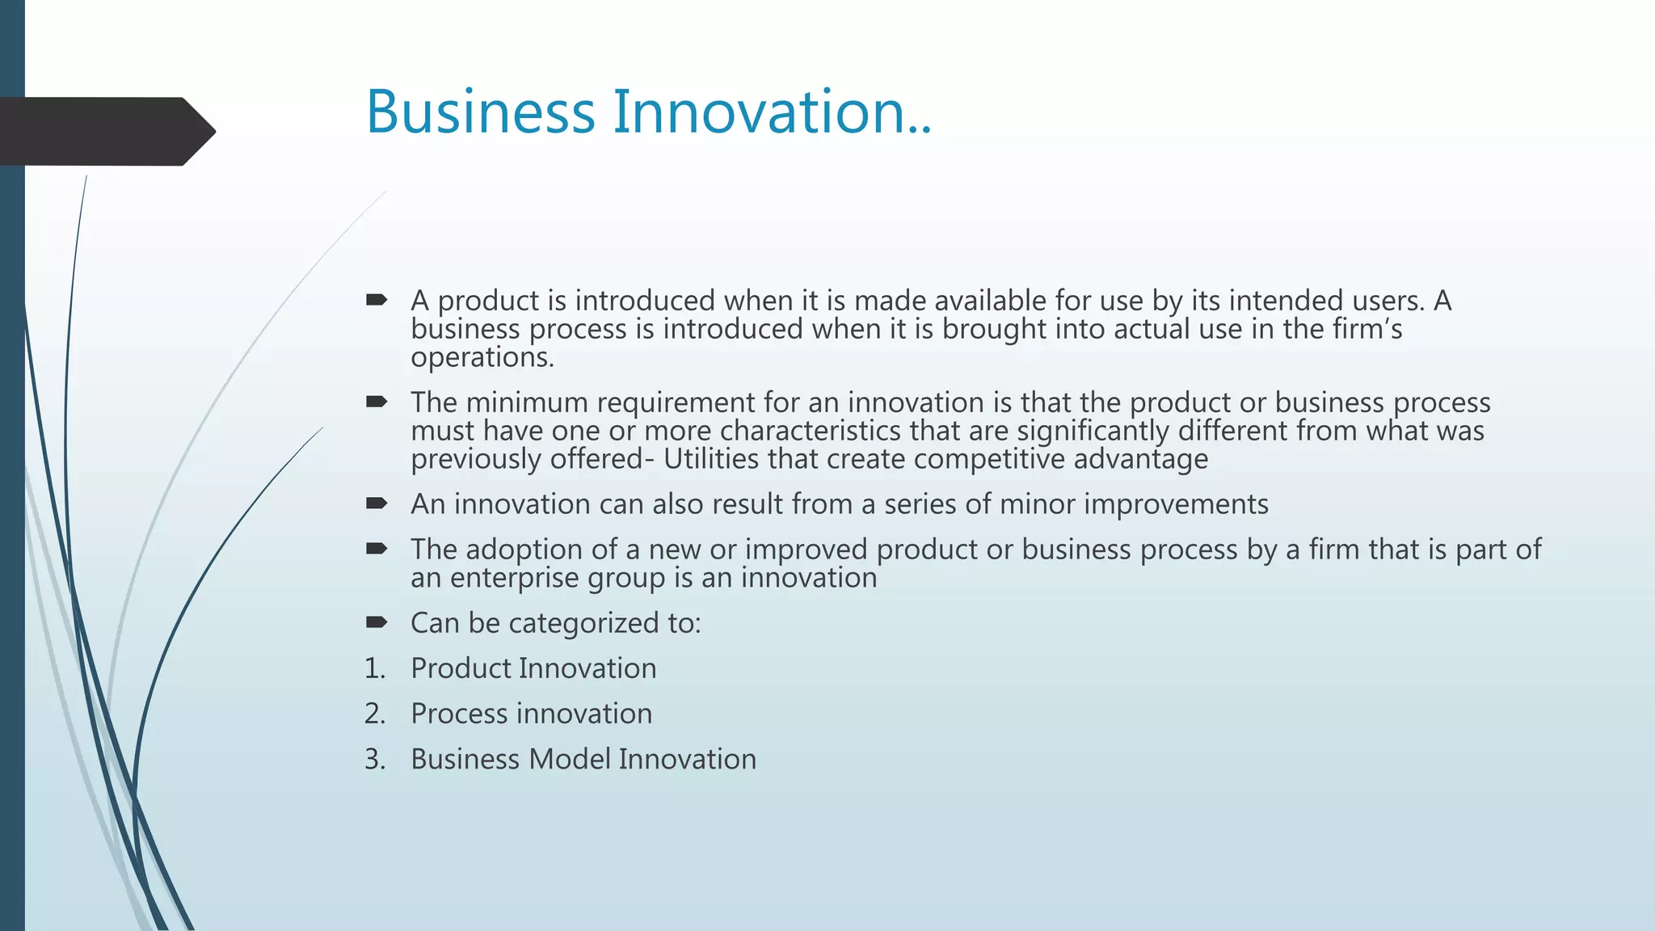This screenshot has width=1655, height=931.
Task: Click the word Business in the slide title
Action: coord(480,112)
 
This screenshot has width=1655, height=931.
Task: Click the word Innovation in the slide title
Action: coord(758,112)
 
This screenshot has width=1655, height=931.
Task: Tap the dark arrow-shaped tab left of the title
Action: coord(105,131)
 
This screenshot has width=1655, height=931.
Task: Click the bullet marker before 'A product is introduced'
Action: coord(377,301)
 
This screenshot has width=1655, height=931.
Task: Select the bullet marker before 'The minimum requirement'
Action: coord(377,402)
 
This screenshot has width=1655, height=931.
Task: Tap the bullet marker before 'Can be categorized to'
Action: coord(377,622)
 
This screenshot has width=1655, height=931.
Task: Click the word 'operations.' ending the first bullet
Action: coord(482,358)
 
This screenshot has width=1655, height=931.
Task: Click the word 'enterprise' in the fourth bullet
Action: coord(514,578)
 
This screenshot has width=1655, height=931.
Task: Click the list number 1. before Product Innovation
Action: coord(375,668)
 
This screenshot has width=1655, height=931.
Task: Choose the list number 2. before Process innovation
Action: coord(375,714)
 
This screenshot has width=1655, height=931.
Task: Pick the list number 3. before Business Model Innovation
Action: coord(375,760)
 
